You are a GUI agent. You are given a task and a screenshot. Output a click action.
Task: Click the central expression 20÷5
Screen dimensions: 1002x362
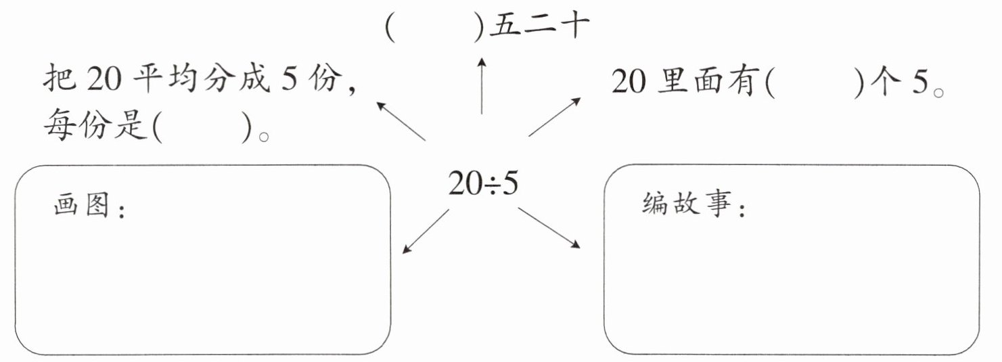point(483,183)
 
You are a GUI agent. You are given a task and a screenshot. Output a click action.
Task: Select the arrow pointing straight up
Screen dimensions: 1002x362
point(482,85)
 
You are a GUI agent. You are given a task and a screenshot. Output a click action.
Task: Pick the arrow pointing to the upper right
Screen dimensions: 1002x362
point(554,116)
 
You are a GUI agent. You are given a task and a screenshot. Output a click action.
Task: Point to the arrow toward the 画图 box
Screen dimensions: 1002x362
point(425,231)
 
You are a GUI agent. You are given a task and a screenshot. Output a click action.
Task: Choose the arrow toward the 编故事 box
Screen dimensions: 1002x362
point(549,227)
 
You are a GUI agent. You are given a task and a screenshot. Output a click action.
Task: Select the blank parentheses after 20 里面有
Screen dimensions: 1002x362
point(817,83)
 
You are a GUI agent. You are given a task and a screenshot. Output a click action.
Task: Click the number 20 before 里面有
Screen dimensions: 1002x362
point(629,83)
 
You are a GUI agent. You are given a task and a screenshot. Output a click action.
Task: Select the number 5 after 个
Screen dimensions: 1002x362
point(918,83)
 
